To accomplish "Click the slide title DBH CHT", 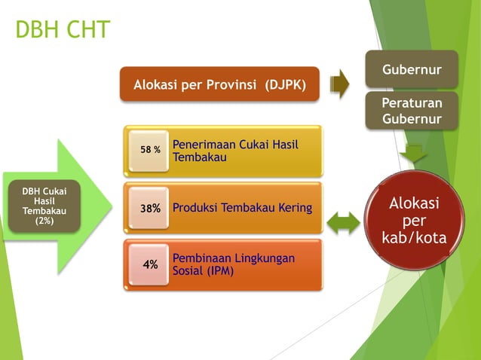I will (x=63, y=30).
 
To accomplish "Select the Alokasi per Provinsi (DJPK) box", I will (x=219, y=84).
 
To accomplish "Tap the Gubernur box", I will (x=412, y=69).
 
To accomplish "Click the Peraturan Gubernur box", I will (x=412, y=111).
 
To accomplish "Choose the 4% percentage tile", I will (x=150, y=264).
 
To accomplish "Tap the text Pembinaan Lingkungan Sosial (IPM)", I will (x=234, y=264).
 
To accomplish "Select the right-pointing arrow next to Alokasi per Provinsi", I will (x=340, y=84).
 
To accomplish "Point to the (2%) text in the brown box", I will (x=44, y=221).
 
